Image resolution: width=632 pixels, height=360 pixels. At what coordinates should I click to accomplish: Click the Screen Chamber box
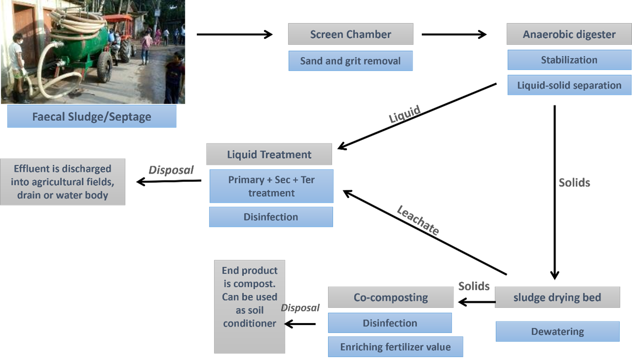point(350,35)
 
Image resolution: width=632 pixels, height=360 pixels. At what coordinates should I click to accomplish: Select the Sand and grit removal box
point(350,61)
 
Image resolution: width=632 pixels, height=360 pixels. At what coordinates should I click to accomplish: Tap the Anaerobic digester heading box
point(569,35)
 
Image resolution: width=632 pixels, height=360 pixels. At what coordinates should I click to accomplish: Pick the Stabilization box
point(569,60)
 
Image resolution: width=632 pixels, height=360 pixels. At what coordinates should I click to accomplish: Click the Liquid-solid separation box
point(569,85)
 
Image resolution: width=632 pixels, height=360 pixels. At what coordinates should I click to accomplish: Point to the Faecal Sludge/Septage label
point(92,117)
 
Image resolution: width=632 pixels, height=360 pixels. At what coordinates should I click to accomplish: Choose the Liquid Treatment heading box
point(269,154)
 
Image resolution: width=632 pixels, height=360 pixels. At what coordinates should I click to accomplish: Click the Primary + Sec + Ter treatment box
point(271,186)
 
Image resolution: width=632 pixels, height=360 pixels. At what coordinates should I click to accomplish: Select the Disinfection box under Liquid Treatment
point(271,217)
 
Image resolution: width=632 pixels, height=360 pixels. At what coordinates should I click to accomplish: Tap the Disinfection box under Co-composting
point(390,323)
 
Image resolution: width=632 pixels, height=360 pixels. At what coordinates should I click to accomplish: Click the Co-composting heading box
point(390,297)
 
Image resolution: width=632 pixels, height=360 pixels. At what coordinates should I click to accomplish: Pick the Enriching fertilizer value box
point(395,347)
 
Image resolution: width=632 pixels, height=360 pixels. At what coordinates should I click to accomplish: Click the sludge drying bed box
point(557,297)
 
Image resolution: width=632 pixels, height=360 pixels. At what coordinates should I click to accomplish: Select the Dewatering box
point(557,331)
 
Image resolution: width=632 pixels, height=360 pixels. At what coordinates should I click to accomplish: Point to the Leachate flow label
point(418,220)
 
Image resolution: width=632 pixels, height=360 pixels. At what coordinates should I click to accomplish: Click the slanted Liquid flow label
point(405,114)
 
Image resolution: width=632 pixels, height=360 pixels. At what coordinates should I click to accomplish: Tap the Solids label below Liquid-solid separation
point(574,182)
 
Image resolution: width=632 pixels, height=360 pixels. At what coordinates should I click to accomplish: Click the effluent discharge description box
point(63,181)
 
